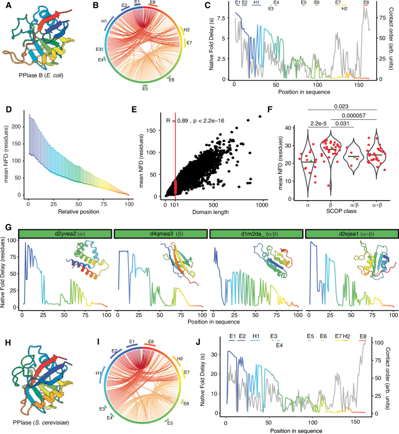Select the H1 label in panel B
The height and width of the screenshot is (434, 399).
(x=104, y=22)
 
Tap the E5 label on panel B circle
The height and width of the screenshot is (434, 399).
(x=146, y=89)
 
